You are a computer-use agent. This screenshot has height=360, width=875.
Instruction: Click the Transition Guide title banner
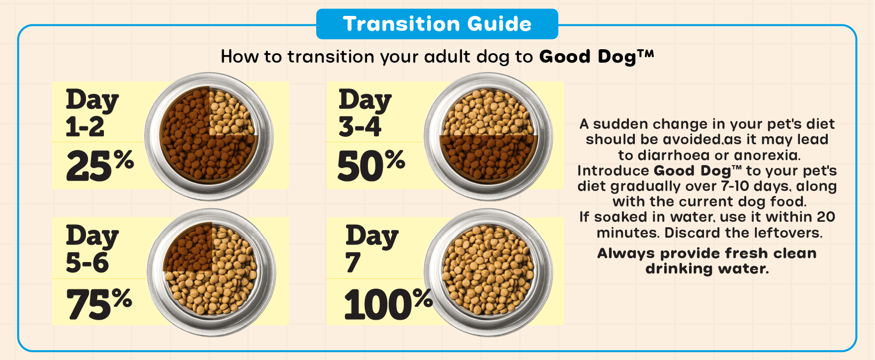(437, 24)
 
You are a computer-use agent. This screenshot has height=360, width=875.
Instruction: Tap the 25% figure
(100, 165)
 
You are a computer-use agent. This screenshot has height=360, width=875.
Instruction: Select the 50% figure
(371, 165)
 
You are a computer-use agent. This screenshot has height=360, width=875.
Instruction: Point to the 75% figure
(99, 303)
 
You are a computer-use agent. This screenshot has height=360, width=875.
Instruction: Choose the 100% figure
(388, 303)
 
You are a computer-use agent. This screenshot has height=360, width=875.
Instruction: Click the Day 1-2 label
(92, 113)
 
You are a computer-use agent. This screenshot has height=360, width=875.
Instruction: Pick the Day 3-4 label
(365, 113)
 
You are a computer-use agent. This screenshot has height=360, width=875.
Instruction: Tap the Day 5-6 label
(92, 249)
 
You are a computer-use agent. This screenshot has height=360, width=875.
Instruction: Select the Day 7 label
(372, 249)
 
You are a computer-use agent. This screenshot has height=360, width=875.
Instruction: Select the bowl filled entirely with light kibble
(488, 272)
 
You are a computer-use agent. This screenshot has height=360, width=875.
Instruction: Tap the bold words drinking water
(707, 269)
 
